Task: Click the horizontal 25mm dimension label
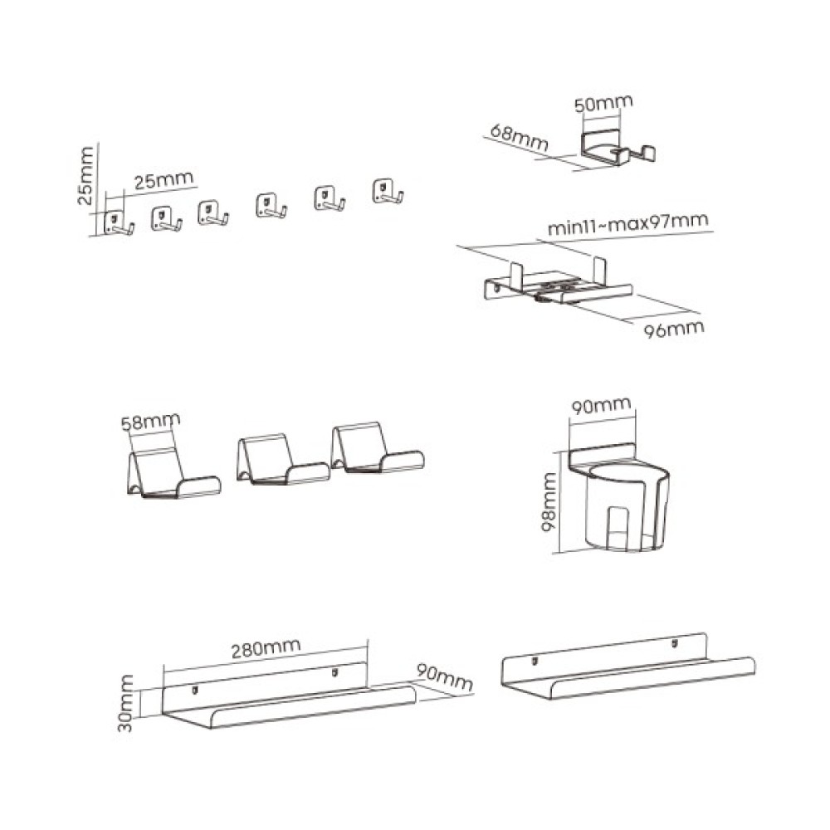tap(164, 180)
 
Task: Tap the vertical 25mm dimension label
tap(85, 175)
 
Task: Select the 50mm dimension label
tap(603, 103)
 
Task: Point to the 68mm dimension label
tap(519, 138)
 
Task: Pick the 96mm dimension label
tap(674, 329)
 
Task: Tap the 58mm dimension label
tap(150, 422)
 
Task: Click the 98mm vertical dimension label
tap(549, 502)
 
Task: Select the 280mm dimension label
tap(266, 647)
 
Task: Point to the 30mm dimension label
tap(125, 704)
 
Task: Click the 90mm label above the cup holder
tap(601, 406)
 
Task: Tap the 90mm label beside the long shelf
tap(444, 677)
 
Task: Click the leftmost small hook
tap(118, 222)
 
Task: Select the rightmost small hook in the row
tap(388, 191)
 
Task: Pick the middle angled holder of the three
tap(282, 459)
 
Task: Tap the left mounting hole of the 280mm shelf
tap(195, 690)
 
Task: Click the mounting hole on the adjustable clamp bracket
tap(497, 288)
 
